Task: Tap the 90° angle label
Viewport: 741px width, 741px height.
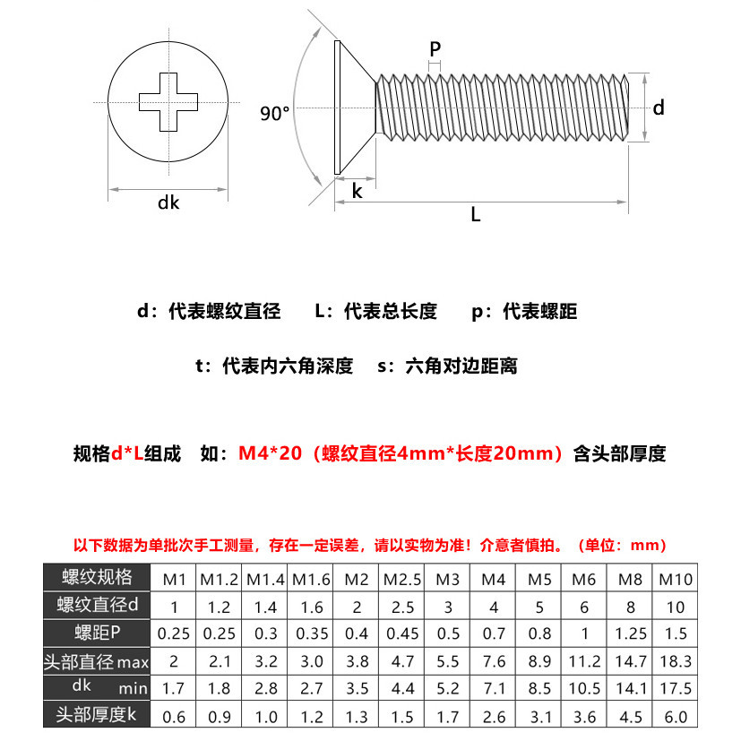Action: [x=275, y=114]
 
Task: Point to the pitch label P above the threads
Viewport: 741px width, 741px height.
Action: [x=435, y=49]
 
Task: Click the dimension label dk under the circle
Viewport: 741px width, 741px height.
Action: [x=168, y=202]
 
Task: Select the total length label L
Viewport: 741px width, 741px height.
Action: [x=476, y=215]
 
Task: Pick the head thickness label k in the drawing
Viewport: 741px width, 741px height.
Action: [x=356, y=191]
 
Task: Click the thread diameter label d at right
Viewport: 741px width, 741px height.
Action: [x=659, y=108]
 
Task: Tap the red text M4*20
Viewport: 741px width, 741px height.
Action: [x=269, y=454]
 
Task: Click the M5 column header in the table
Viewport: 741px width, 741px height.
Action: [x=539, y=579]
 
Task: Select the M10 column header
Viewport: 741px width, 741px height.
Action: [x=676, y=579]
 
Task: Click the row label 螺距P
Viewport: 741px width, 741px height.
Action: [x=98, y=634]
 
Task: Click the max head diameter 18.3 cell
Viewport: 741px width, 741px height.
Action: [x=676, y=662]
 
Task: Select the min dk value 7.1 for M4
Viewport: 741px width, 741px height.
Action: [x=494, y=689]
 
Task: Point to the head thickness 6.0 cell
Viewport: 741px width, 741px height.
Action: [x=676, y=717]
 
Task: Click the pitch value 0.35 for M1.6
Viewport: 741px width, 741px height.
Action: [x=312, y=634]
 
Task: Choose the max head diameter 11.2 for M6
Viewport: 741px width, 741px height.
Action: [x=585, y=662]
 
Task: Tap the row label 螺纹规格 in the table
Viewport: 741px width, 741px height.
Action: [x=98, y=577]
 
